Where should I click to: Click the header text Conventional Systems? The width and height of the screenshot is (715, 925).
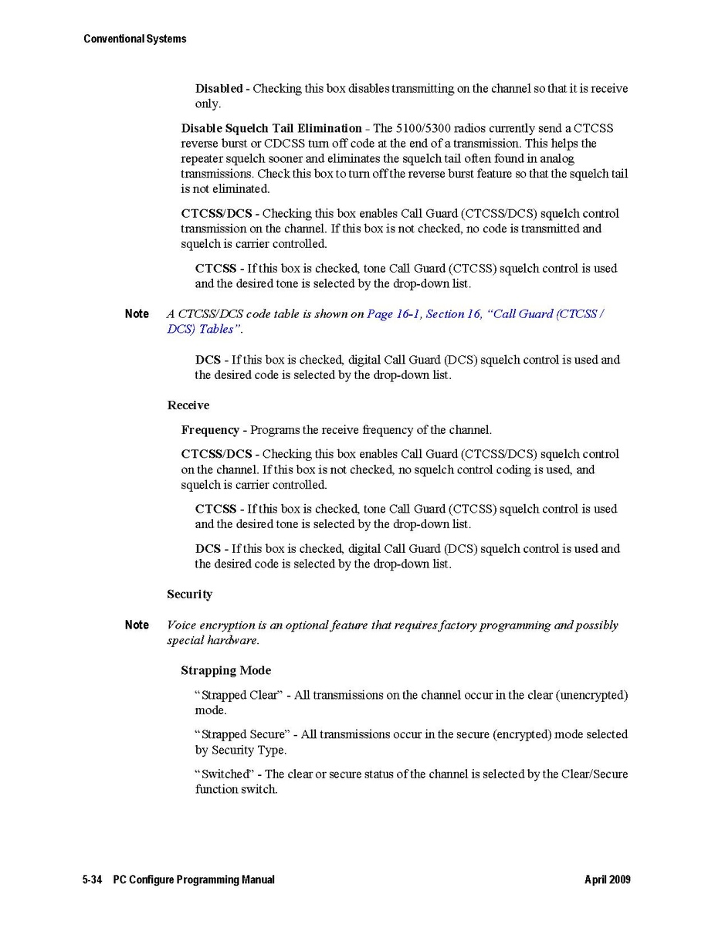134,39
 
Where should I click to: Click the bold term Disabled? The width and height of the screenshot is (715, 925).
219,89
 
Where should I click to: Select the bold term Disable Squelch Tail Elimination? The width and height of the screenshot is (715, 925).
271,128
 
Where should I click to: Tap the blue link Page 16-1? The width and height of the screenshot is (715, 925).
393,314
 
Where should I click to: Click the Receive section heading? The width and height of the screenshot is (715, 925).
188,405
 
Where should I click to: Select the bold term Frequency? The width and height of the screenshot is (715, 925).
210,430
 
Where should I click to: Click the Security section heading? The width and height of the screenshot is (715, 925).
189,595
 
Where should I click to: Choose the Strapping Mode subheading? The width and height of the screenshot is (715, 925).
225,671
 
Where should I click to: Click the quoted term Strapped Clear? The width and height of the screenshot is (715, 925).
239,696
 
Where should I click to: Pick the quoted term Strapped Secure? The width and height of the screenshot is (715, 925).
242,735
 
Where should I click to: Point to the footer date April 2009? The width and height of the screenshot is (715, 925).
607,880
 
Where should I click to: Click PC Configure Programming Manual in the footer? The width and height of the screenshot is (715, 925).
193,880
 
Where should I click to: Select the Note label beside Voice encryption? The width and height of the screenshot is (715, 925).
137,625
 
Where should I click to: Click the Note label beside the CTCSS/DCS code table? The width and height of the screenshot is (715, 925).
137,314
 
